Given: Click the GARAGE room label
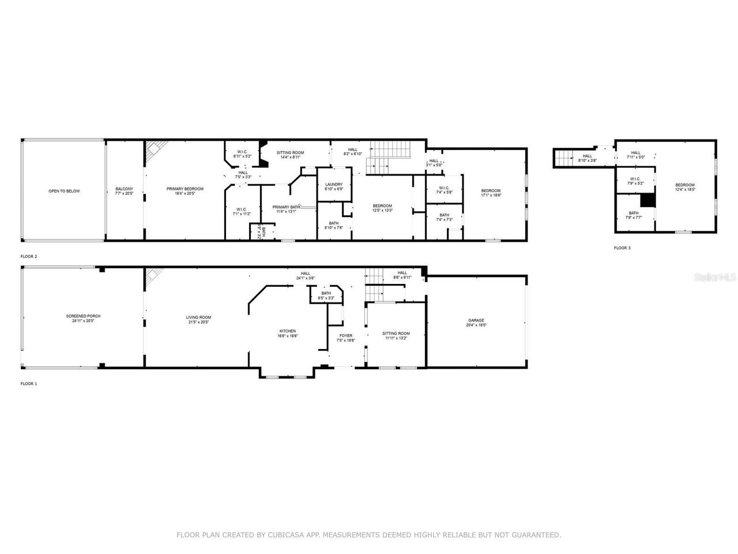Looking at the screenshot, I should (x=476, y=320).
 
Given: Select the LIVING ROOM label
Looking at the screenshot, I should (x=198, y=317).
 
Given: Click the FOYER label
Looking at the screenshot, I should (x=345, y=335).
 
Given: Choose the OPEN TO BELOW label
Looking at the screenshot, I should (x=64, y=191).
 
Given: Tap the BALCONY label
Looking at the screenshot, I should (x=124, y=189).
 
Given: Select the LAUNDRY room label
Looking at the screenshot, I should (x=334, y=185).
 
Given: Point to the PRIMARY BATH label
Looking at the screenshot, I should (x=286, y=207).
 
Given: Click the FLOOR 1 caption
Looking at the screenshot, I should (x=29, y=384).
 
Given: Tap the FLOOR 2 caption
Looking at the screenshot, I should (x=29, y=256).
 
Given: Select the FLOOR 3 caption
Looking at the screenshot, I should (x=622, y=248).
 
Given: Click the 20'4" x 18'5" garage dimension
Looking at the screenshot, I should (x=476, y=325).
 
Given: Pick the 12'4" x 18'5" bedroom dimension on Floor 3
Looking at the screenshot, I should (x=685, y=189).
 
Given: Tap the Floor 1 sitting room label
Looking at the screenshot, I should (x=396, y=333).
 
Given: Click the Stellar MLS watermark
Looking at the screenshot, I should (x=715, y=278).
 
